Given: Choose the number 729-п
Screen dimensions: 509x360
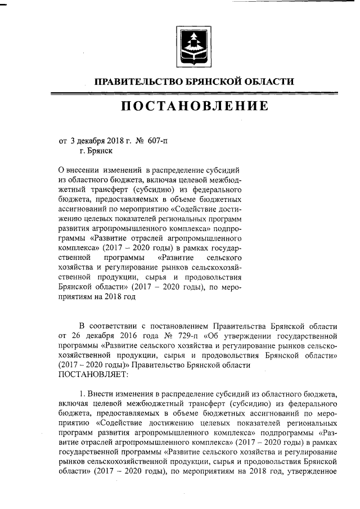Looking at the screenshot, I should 170,336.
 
